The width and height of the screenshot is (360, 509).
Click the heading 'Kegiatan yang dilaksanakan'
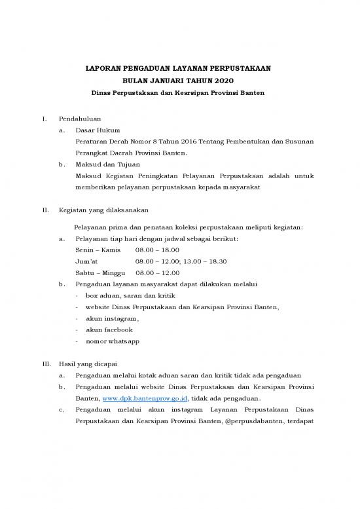(x=103, y=210)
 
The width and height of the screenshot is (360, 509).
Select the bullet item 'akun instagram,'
(x=112, y=318)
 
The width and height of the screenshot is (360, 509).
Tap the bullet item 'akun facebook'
(x=109, y=330)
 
